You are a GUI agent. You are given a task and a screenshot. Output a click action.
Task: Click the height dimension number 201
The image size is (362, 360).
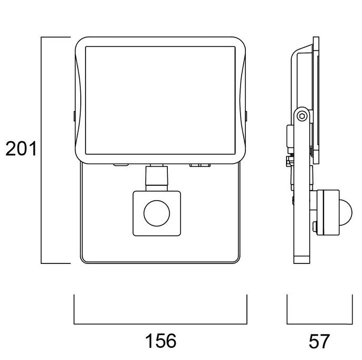pyautogui.click(x=21, y=150)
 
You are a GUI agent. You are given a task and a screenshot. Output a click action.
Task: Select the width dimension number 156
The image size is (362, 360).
pyautogui.click(x=160, y=340)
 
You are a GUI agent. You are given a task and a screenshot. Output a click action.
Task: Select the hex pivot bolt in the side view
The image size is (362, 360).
pyautogui.click(x=302, y=115)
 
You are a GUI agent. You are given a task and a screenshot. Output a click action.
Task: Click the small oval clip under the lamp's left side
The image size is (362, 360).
pyautogui.click(x=120, y=165)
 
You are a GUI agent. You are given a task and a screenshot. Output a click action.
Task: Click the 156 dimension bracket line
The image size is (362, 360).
pyautogui.click(x=160, y=324)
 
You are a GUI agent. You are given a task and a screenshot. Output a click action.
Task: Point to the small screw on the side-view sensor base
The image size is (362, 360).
pyautogui.click(x=315, y=228)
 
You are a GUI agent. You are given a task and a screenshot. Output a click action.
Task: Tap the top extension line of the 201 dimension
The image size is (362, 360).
pyautogui.click(x=56, y=37)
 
